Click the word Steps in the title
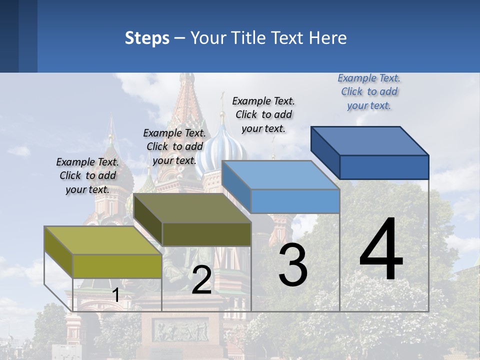(147, 38)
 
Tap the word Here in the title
(328, 38)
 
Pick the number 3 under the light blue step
(292, 265)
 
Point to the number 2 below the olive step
(201, 279)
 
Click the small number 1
(115, 295)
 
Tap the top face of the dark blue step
(370, 141)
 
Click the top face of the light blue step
(280, 175)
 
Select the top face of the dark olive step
(192, 208)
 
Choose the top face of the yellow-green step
(103, 240)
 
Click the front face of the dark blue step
(384, 167)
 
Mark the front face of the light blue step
(295, 201)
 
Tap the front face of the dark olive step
(206, 234)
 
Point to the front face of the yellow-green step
(117, 266)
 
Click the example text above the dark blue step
(369, 91)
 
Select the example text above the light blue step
(263, 114)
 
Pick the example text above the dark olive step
(174, 146)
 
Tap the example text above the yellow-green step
(87, 175)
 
